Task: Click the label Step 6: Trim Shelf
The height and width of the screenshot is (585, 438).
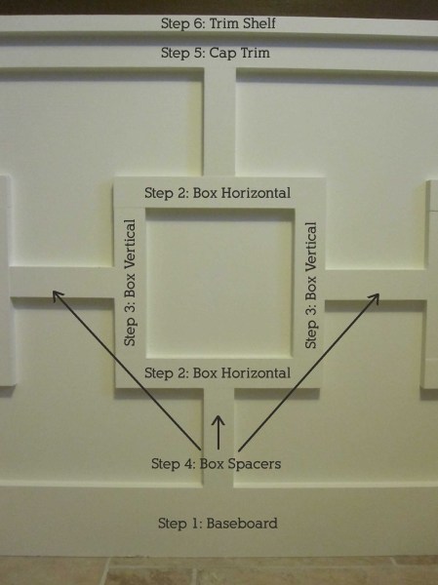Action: pos(219,23)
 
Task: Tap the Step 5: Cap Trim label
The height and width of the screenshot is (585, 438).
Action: pos(216,53)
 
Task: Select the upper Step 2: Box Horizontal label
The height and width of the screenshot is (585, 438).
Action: pos(218,193)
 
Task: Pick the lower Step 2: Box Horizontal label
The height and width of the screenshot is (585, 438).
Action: pos(218,372)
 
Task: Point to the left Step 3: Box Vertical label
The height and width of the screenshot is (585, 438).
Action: pos(130,283)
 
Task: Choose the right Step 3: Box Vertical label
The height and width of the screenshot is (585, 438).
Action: pos(311,286)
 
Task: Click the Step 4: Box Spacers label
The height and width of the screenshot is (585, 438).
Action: pos(217,464)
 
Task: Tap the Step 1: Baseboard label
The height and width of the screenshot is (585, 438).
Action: pos(218,523)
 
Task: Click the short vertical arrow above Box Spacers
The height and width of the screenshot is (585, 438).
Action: pos(219,432)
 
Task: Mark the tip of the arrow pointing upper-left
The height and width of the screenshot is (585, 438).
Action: pos(53,292)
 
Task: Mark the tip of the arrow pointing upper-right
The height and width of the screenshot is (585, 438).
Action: pos(378,294)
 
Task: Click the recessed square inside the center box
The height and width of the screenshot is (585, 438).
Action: pos(219,283)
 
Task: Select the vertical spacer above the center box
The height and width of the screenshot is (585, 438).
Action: pos(219,122)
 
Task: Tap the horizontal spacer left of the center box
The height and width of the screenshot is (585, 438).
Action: pos(61,283)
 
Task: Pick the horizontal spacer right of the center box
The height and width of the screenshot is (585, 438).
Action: pos(376,285)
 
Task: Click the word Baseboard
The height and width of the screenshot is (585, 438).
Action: pos(242,523)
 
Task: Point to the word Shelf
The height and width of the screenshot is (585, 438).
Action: pos(259,23)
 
